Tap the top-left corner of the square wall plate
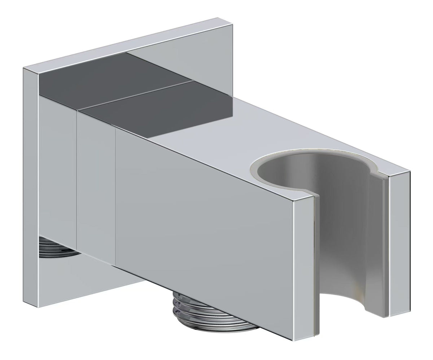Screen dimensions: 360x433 tap(24, 68)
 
